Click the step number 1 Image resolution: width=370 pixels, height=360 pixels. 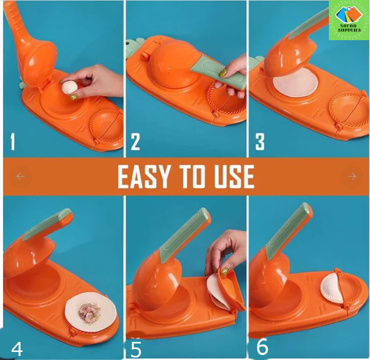[13, 142]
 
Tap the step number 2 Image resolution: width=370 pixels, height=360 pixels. [135, 142]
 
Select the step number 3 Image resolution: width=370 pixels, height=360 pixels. [260, 142]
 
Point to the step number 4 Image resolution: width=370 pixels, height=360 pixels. [17, 349]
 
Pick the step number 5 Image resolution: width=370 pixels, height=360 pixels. [136, 349]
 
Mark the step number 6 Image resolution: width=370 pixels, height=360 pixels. [262, 346]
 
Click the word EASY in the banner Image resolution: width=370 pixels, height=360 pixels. [144, 176]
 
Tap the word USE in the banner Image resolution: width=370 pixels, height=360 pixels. [234, 176]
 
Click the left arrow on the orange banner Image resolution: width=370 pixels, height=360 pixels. [21, 176]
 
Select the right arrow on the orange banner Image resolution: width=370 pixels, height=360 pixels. [352, 176]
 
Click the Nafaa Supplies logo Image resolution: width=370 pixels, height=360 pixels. [349, 20]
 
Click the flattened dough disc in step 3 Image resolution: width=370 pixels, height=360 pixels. [295, 82]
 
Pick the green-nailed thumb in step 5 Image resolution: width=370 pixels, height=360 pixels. [224, 271]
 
